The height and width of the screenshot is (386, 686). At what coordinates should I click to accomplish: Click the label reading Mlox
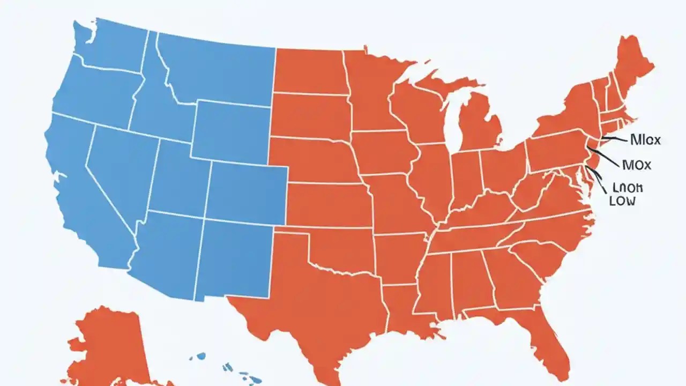point(645,140)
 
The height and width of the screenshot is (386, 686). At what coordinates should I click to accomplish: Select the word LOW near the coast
point(622,202)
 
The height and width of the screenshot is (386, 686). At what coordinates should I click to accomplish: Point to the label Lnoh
point(627,188)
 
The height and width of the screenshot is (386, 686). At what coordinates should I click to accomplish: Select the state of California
point(80,198)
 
